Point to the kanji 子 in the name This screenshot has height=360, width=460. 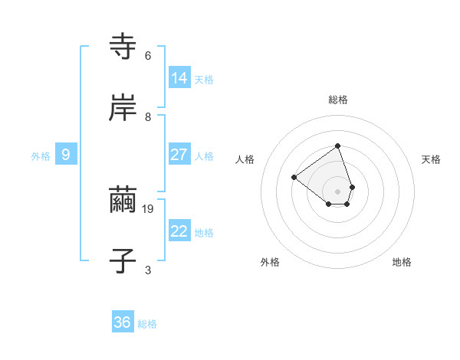123,260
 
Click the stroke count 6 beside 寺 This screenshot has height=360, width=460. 148,56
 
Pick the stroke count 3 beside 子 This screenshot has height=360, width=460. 148,270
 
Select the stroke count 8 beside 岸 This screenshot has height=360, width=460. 148,116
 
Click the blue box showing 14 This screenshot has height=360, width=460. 179,77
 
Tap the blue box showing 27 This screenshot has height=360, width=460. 179,155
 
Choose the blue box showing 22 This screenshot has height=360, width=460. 179,231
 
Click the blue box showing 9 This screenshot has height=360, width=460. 66,155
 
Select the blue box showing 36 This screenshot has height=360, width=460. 123,322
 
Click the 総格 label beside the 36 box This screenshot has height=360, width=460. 147,324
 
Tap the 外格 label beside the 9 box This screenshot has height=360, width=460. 41,156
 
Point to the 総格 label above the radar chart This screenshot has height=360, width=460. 337,100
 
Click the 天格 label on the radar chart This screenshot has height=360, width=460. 431,159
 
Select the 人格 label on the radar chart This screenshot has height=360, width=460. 245,159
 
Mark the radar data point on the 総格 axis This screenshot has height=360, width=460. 337,146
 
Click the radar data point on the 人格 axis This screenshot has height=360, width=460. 294,177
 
